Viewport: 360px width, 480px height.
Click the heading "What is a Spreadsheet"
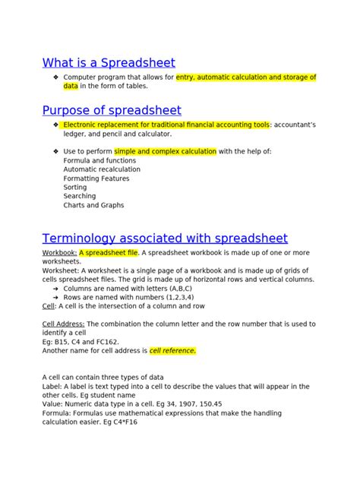[x=109, y=62]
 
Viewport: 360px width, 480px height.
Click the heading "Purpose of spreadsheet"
[x=112, y=110]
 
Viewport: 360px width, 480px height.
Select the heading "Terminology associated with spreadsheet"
[x=165, y=238]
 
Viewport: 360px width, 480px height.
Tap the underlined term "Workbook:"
[x=59, y=252]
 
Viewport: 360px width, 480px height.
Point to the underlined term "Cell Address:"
[x=64, y=324]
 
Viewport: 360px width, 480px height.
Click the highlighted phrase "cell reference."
[x=172, y=351]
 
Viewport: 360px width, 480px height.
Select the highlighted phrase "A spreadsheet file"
[x=109, y=252]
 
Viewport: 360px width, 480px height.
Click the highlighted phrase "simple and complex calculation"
[x=165, y=151]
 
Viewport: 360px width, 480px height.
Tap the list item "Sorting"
[x=75, y=187]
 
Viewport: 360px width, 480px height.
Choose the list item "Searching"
[x=80, y=196]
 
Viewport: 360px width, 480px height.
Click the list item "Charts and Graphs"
[x=93, y=205]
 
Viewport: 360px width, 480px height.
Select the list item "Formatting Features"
[x=96, y=178]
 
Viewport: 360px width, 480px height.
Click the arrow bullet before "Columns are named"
[x=56, y=289]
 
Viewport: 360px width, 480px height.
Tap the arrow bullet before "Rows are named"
[x=56, y=298]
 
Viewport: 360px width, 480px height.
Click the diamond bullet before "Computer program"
[x=56, y=77]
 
